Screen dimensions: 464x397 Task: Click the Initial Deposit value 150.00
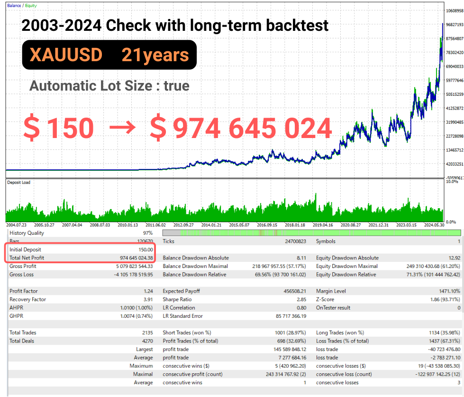point(146,249)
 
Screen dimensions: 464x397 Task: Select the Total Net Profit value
point(136,258)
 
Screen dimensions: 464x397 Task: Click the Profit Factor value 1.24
point(148,291)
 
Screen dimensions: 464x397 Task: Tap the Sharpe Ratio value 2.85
point(301,299)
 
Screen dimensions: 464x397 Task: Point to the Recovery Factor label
point(28,299)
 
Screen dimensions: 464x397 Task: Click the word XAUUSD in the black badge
point(66,55)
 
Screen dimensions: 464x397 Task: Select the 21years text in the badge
point(155,55)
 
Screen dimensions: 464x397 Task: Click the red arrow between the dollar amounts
point(122,128)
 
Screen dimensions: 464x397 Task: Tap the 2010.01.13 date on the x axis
point(128,225)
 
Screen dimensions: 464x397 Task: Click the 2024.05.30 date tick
point(434,225)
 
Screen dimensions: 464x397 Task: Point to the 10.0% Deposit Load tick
point(452,181)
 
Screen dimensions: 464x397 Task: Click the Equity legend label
point(31,6)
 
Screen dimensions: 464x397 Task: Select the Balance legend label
point(14,6)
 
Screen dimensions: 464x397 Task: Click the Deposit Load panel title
point(18,182)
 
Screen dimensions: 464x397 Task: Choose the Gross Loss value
point(134,275)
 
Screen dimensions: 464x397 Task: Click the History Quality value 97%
point(148,233)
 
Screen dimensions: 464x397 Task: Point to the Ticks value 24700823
point(296,241)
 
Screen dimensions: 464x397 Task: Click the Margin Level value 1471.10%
point(449,291)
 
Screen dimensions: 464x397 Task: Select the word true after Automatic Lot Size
point(177,86)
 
